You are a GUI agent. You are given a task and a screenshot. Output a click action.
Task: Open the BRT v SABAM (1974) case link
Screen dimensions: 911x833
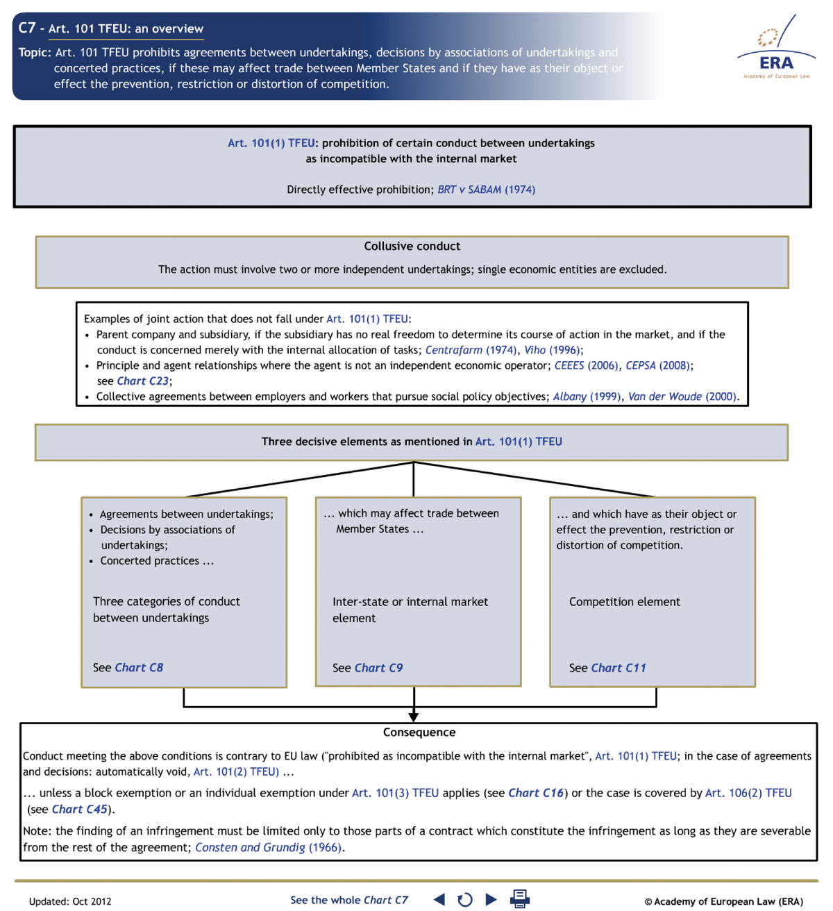click(486, 190)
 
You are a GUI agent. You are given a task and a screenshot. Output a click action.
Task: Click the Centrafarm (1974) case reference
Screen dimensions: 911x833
click(471, 350)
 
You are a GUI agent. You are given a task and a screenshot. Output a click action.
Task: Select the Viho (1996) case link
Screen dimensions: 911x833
click(552, 350)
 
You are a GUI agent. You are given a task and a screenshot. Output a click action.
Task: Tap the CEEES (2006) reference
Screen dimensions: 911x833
click(586, 365)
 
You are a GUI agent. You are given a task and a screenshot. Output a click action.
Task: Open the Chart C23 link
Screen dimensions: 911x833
click(142, 381)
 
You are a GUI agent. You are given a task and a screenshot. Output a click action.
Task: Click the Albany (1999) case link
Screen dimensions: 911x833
click(587, 396)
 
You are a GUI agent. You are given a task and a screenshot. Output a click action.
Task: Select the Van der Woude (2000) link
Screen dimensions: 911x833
click(682, 396)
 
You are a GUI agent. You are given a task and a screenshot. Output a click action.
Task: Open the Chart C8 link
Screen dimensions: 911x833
click(139, 667)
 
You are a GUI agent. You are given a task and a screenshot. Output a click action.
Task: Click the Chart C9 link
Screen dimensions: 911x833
click(378, 668)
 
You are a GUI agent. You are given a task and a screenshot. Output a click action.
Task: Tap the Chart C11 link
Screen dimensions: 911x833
click(619, 668)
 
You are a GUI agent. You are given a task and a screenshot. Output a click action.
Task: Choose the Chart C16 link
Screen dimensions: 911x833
click(536, 793)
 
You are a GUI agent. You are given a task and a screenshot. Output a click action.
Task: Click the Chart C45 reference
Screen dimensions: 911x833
click(79, 809)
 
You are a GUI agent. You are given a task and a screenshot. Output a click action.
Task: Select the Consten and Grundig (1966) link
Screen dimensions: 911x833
click(269, 847)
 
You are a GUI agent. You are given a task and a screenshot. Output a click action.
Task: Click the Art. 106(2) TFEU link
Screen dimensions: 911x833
click(748, 793)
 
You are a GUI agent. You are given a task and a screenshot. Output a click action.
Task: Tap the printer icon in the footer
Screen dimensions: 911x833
click(519, 899)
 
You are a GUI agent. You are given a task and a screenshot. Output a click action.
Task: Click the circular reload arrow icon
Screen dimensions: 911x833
click(465, 900)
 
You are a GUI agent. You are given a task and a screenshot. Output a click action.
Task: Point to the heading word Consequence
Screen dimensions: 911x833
click(419, 733)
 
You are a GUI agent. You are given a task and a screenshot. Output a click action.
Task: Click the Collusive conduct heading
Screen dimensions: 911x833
click(412, 246)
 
